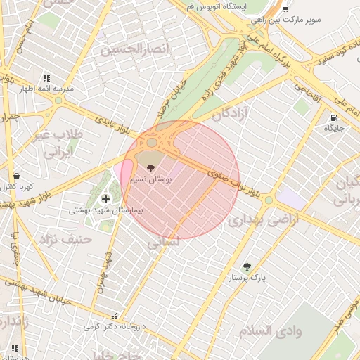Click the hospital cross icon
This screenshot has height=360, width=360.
(x=105, y=200)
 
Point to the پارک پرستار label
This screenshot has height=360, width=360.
(x=247, y=278)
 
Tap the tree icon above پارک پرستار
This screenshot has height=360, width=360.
(x=247, y=266)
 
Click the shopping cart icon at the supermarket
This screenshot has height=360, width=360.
(x=285, y=9)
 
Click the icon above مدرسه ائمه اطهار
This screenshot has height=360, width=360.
(x=46, y=79)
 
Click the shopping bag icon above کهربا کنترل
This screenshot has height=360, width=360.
(x=16, y=176)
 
